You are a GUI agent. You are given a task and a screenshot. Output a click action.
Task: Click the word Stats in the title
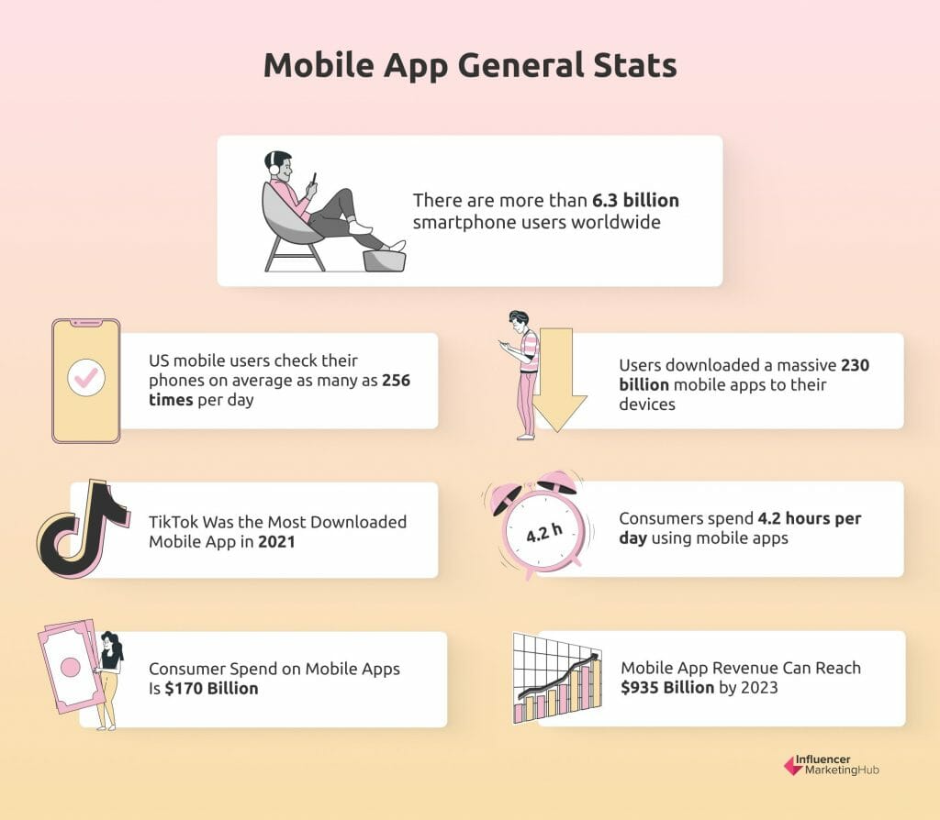[x=635, y=65]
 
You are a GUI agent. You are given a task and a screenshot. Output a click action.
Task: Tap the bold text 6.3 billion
[x=635, y=200]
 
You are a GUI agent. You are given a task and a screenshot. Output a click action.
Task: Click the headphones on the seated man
[x=274, y=163]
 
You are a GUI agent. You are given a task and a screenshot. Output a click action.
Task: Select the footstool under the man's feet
[x=385, y=260]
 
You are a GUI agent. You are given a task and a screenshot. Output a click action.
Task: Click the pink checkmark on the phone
[x=86, y=377]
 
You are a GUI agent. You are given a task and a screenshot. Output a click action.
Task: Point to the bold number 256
[x=397, y=381]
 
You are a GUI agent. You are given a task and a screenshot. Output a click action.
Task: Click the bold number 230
[x=855, y=365]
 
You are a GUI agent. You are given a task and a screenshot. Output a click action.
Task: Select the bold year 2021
[x=276, y=541]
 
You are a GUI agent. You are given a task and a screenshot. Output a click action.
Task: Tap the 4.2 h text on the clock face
[x=544, y=532]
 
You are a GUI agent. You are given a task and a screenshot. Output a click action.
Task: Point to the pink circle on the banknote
[x=71, y=667]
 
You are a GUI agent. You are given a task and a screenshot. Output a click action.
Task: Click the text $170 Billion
[x=212, y=688]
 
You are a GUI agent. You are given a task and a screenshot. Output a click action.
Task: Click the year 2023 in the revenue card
[x=759, y=687]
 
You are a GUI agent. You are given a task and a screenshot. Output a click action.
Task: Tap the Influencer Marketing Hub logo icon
[x=793, y=765]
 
